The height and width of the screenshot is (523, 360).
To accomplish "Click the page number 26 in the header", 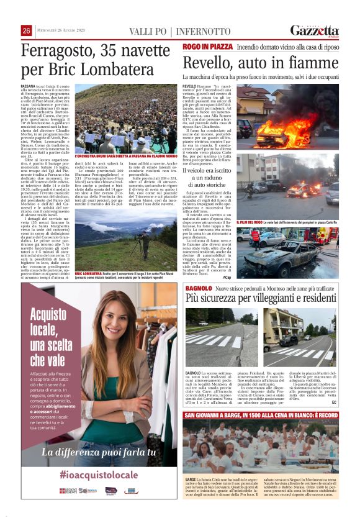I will (x=27, y=31).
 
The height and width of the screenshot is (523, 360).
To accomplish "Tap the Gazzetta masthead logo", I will (x=314, y=30).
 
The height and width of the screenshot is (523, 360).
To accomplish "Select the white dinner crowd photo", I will (x=261, y=447).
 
